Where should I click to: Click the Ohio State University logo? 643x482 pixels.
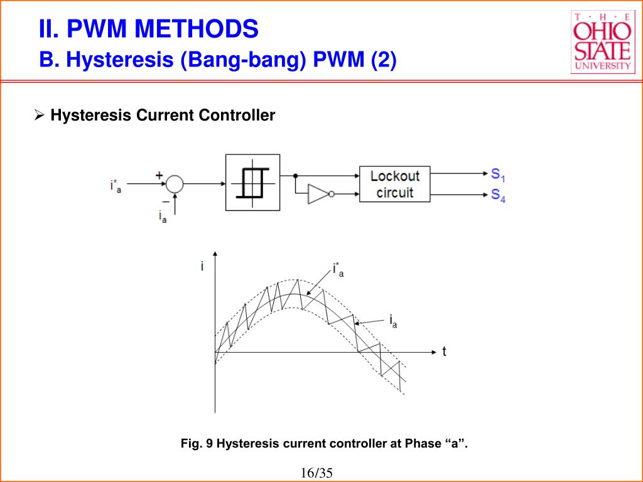click(603, 42)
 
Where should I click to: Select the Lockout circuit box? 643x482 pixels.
click(394, 184)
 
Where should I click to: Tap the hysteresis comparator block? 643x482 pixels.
click(252, 183)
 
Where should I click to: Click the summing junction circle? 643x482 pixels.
click(175, 184)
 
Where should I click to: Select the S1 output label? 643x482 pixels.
click(498, 175)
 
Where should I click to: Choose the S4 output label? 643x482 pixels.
click(498, 196)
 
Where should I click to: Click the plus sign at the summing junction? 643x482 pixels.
click(159, 176)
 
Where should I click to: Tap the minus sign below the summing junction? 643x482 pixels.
click(166, 201)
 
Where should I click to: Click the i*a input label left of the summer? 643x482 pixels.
click(116, 186)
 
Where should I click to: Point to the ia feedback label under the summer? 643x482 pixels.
click(163, 216)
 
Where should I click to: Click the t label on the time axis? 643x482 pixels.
click(444, 351)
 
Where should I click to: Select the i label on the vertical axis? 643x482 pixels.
click(202, 266)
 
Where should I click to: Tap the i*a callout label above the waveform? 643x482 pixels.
click(338, 270)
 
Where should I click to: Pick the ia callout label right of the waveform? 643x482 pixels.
click(393, 321)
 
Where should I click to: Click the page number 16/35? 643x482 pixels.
click(316, 473)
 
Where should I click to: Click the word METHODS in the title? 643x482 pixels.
click(197, 29)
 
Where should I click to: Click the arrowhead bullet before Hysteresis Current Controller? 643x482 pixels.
click(40, 115)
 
